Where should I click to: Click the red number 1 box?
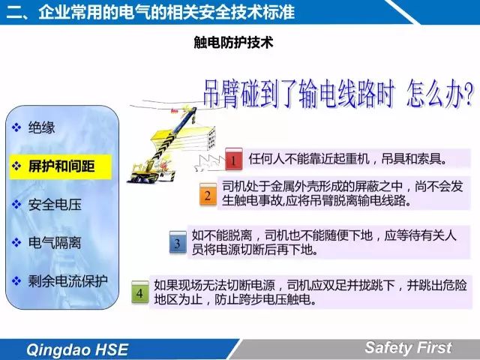234,159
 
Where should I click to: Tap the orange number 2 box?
208,194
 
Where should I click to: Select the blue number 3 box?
178,242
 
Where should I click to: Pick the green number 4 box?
140,292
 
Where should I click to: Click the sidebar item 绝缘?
42,127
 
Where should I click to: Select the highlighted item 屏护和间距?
61,166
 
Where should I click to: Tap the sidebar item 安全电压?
55,205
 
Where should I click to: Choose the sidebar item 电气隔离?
55,243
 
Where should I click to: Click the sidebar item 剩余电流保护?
68,281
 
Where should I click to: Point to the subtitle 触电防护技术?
233,42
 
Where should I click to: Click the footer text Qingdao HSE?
77,349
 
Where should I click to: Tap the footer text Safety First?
408,348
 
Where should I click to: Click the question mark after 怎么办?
468,94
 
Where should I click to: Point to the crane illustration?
172,144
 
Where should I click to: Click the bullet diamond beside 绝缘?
16,127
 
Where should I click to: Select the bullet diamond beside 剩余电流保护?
16,281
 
